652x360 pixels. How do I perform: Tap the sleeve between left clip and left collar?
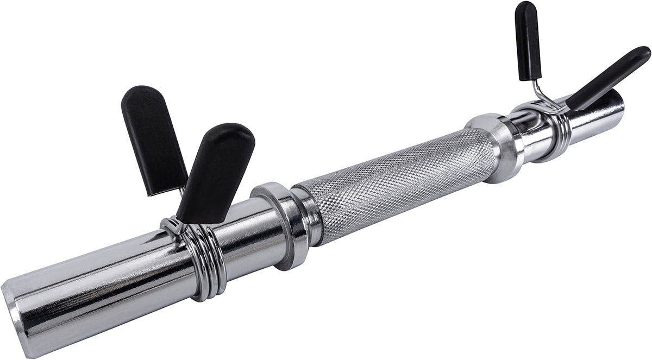[244, 228]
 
